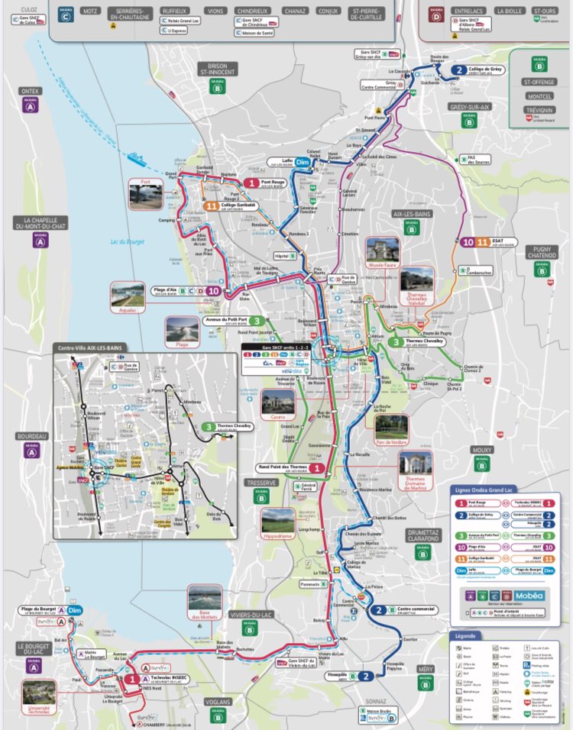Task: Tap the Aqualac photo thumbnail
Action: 128,296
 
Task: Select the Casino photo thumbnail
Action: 277,404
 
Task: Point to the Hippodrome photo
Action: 277,521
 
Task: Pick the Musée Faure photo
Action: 383,250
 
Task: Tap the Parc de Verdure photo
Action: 391,428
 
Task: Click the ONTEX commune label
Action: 31,91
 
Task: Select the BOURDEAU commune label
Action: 31,436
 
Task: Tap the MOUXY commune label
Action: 481,451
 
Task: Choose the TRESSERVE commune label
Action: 261,483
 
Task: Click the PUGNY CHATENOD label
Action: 542,252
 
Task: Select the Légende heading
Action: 466,635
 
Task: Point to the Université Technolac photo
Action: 38,693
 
